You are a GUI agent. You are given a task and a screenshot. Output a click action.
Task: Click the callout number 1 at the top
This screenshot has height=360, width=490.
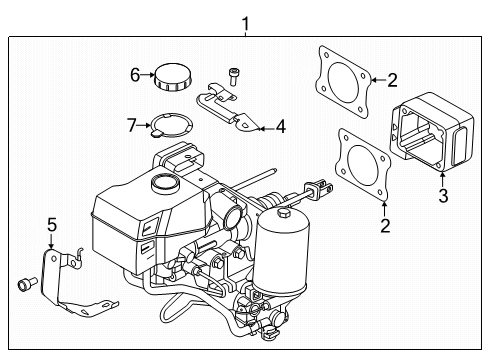(245, 24)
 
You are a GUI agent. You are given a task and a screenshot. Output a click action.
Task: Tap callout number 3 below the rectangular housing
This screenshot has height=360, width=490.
(443, 196)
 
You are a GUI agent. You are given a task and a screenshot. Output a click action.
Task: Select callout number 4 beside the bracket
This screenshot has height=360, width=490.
(281, 127)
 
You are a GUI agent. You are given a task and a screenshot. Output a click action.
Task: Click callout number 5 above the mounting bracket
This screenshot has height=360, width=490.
(52, 225)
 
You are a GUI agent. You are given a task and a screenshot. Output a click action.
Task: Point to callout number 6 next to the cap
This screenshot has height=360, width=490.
(135, 75)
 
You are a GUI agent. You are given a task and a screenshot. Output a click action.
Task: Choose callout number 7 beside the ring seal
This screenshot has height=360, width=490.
(132, 125)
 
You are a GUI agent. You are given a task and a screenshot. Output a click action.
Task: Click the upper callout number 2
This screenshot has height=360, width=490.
(392, 80)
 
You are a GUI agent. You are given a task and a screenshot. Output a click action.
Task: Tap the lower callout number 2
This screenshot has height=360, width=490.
(385, 226)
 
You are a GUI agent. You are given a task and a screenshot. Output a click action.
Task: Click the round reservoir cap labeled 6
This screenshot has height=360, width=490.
(173, 77)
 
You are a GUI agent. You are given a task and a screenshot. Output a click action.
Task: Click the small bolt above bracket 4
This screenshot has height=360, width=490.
(233, 77)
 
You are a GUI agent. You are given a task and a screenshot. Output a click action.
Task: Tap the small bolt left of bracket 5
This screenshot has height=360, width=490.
(27, 284)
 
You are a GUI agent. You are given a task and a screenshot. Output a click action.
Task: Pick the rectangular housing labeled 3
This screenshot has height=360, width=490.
(432, 132)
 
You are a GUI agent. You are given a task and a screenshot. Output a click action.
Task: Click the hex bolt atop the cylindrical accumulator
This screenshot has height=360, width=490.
(284, 213)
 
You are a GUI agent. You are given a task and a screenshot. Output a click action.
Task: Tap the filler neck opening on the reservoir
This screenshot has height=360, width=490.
(165, 182)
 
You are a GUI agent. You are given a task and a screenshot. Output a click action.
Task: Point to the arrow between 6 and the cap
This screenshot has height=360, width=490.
(147, 75)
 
